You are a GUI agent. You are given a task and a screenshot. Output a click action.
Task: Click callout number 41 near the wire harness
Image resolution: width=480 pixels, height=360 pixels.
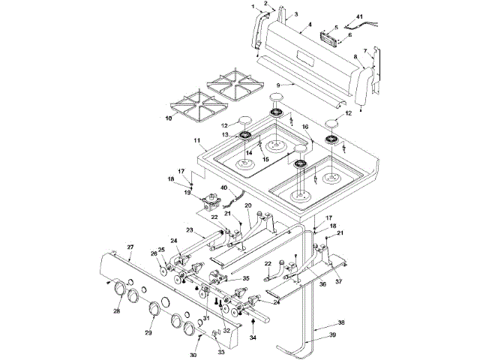(x=358, y=16)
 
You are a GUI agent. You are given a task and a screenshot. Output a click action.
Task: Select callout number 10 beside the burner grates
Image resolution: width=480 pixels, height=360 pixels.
(x=168, y=118)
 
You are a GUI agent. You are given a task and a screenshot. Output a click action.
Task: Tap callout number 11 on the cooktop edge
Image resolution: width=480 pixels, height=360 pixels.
(x=196, y=141)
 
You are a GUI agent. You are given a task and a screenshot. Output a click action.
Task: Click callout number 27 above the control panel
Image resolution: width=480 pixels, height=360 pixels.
(x=130, y=247)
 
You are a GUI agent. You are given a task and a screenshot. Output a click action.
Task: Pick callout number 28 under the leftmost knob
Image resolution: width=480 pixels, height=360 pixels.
(x=117, y=310)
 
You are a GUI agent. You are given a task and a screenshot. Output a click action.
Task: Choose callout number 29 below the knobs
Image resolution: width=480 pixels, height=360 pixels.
(x=148, y=332)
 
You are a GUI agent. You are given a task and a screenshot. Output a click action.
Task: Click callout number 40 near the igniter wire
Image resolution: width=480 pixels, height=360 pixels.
(x=223, y=187)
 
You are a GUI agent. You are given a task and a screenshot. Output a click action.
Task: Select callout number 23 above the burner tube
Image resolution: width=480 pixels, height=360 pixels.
(x=190, y=229)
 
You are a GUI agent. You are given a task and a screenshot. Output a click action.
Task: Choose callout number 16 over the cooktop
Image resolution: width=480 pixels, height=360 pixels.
(x=306, y=127)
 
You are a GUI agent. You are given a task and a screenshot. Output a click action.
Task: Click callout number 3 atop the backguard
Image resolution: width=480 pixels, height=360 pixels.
(x=295, y=14)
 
